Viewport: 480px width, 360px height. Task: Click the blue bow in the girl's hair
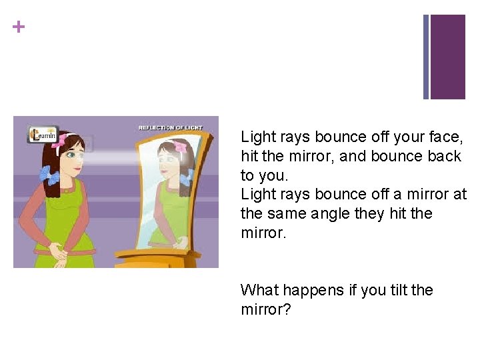(x=49, y=175)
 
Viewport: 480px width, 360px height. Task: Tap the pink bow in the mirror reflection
(x=180, y=147)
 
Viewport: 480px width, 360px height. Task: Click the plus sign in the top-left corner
(x=19, y=27)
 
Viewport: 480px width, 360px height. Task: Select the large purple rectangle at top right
(x=448, y=57)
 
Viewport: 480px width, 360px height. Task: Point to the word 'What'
(x=259, y=291)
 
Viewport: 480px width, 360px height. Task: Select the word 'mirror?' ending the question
(x=266, y=310)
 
